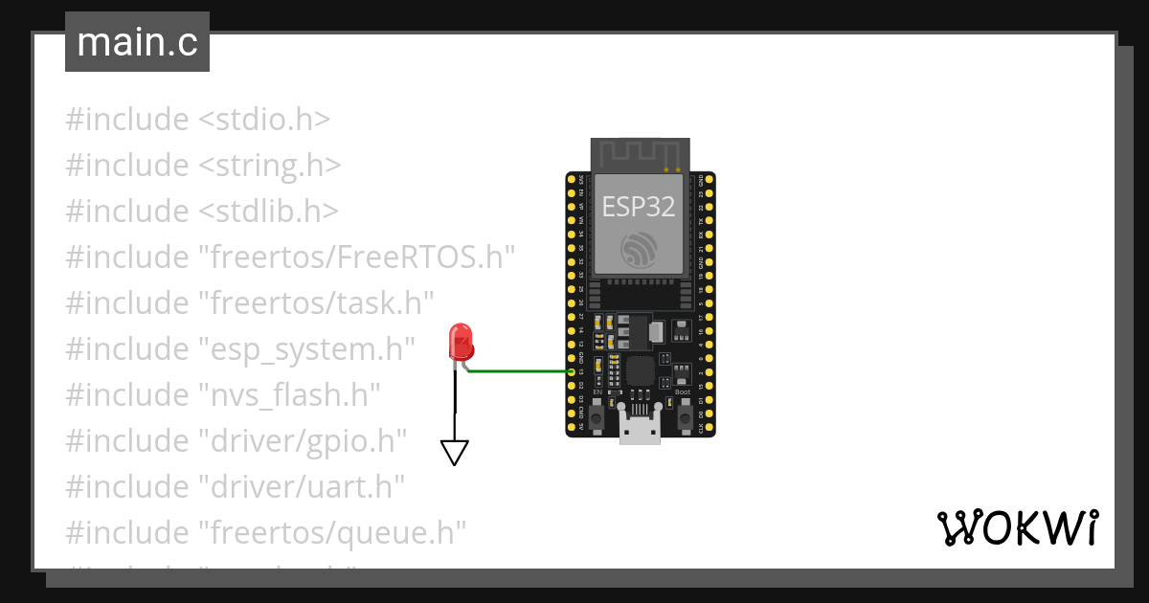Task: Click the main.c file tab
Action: point(137,42)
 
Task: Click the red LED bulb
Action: point(461,342)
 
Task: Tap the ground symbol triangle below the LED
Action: point(455,453)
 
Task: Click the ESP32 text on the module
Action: point(639,208)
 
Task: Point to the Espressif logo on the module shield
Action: point(640,252)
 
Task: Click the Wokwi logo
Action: point(1017,527)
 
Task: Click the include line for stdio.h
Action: point(197,120)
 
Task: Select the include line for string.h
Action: point(203,166)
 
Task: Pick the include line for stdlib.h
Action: point(201,211)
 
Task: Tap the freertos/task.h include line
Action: point(250,302)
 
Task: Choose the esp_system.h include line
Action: point(240,348)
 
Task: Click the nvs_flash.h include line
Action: point(223,393)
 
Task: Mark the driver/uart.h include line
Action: point(236,486)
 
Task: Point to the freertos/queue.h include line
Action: point(265,531)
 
